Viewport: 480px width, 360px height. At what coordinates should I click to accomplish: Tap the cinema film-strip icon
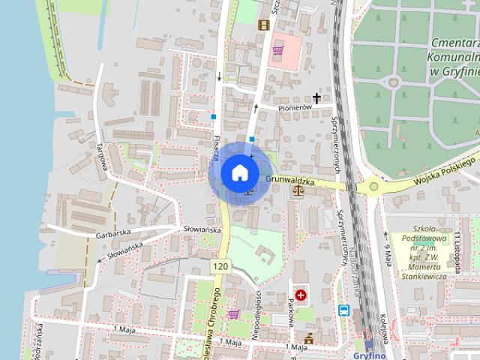263,25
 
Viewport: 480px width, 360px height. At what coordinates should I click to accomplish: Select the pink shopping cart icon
278,51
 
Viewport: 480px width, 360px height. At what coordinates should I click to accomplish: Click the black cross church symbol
316,97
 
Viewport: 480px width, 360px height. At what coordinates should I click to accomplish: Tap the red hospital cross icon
301,296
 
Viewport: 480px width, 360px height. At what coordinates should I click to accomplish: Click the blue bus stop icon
343,310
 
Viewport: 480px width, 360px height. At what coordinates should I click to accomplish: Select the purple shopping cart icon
234,315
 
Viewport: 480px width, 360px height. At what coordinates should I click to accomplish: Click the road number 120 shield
220,266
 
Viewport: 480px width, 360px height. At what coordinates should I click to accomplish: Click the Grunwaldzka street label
289,181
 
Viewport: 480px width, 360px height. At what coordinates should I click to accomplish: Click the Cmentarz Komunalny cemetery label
454,56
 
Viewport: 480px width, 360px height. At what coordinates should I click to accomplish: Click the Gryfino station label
368,355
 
